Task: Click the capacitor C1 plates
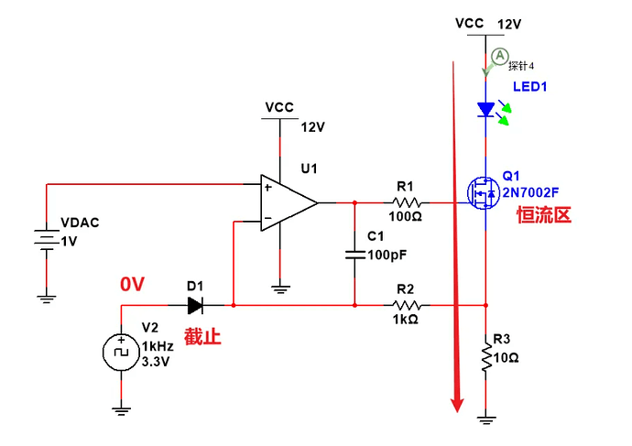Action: pyautogui.click(x=354, y=255)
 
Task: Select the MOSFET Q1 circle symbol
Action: pyautogui.click(x=482, y=193)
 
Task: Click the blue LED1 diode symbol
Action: pyautogui.click(x=485, y=110)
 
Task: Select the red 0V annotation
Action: pyautogui.click(x=133, y=285)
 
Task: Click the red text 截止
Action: pyautogui.click(x=202, y=336)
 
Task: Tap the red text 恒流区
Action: pyautogui.click(x=543, y=215)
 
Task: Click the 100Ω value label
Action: pyautogui.click(x=406, y=217)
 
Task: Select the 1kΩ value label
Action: pyautogui.click(x=407, y=320)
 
